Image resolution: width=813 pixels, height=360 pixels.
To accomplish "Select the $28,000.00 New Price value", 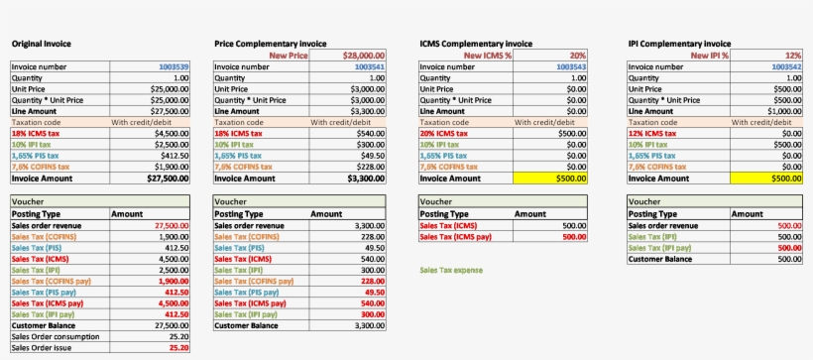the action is tap(362, 56).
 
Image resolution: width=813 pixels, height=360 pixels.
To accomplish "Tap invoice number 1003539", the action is tap(171, 66).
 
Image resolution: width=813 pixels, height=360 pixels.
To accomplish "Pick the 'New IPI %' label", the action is tap(705, 56).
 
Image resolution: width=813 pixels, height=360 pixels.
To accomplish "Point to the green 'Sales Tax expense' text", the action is tap(456, 269).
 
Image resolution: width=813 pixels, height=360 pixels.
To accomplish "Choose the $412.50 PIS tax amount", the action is tap(172, 156).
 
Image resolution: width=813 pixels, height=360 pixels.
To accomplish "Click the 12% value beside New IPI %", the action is tap(792, 56).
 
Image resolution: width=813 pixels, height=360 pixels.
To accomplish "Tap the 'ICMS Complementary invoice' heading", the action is tap(477, 44).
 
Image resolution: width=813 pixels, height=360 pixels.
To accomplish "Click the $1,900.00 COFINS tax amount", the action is tap(170, 167).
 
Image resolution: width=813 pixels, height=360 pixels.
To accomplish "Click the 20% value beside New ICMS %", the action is tap(577, 56).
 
